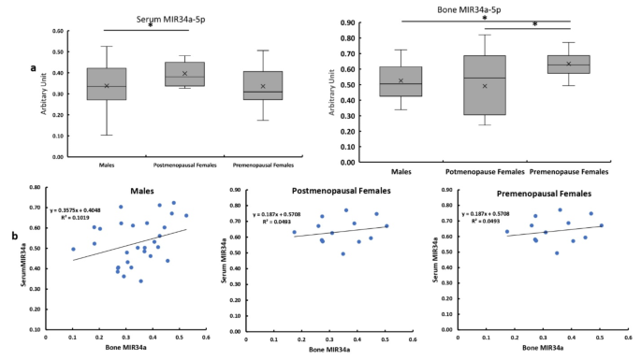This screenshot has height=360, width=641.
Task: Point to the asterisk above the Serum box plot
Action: pyautogui.click(x=150, y=26)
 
